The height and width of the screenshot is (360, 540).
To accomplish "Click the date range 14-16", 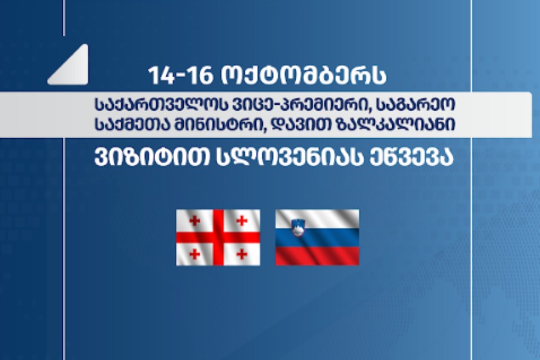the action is [x=181, y=75].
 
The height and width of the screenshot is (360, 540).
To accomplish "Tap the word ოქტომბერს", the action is [x=303, y=75].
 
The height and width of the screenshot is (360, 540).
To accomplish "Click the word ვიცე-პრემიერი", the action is [x=289, y=105].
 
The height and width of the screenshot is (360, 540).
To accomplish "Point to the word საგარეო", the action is [x=416, y=105].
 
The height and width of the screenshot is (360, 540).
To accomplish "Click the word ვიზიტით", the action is [x=152, y=158].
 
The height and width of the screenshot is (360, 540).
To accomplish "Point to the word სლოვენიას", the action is [x=290, y=158].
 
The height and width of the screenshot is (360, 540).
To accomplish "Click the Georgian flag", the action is [x=218, y=237].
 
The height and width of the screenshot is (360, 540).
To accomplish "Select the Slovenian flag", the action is [x=317, y=237].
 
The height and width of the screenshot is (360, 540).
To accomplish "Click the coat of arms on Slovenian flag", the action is [x=298, y=228].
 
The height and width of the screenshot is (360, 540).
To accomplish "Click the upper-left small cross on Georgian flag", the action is [x=195, y=221].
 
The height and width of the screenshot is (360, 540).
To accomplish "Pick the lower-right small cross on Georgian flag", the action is [x=242, y=254].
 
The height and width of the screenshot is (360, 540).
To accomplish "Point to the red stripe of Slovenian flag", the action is [x=317, y=256].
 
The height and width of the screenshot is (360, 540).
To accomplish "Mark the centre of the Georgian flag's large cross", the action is [x=218, y=237].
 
